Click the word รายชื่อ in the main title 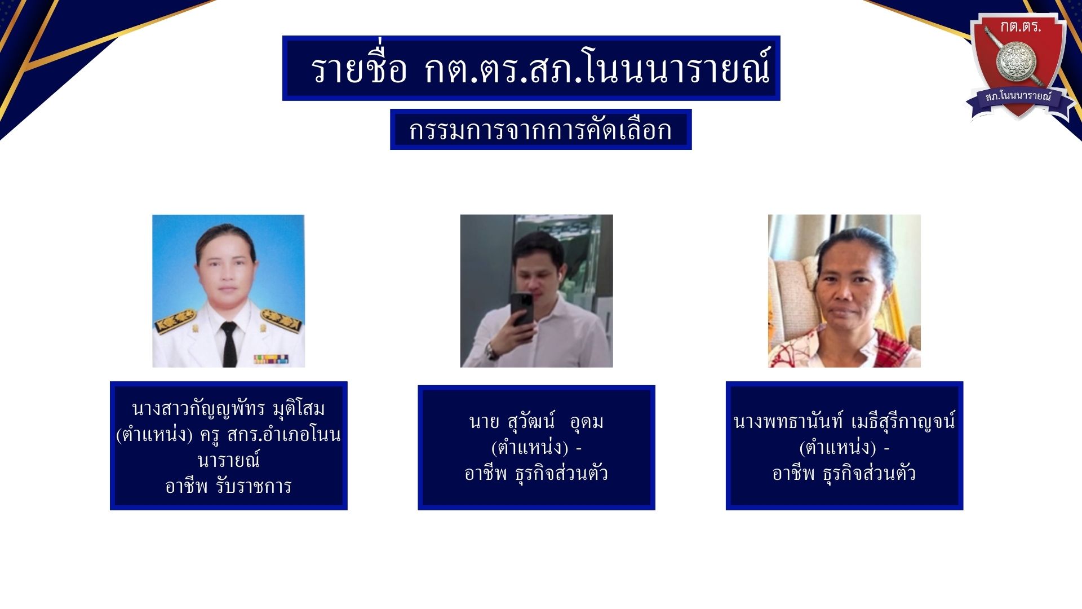359,69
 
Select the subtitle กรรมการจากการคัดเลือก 540,130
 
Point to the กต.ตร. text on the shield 1020,27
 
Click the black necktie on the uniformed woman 229,344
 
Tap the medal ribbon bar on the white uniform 271,359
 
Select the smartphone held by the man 522,310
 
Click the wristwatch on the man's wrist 491,351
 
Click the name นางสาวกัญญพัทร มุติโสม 228,408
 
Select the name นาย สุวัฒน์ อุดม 536,421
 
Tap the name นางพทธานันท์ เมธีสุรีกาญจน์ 844,421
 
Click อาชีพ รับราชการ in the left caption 228,486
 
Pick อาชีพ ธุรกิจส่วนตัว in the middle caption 536,473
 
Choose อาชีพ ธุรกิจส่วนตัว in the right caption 844,473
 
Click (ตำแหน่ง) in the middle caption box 530,447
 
